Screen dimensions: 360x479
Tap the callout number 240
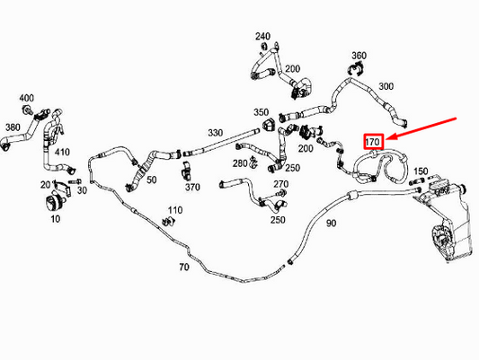coord(262,37)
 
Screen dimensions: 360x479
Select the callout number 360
coord(359,55)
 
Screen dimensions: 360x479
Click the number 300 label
coord(386,86)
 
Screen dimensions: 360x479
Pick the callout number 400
coord(27,97)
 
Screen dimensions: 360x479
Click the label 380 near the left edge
coord(13,127)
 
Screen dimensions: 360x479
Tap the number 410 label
coord(62,152)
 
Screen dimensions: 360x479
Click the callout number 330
coord(215,133)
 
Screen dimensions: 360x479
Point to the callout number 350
coord(261,112)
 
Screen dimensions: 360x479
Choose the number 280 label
coord(239,163)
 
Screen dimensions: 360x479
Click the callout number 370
coord(192,187)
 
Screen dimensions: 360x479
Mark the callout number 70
coord(184,267)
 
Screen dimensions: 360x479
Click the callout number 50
coord(151,180)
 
